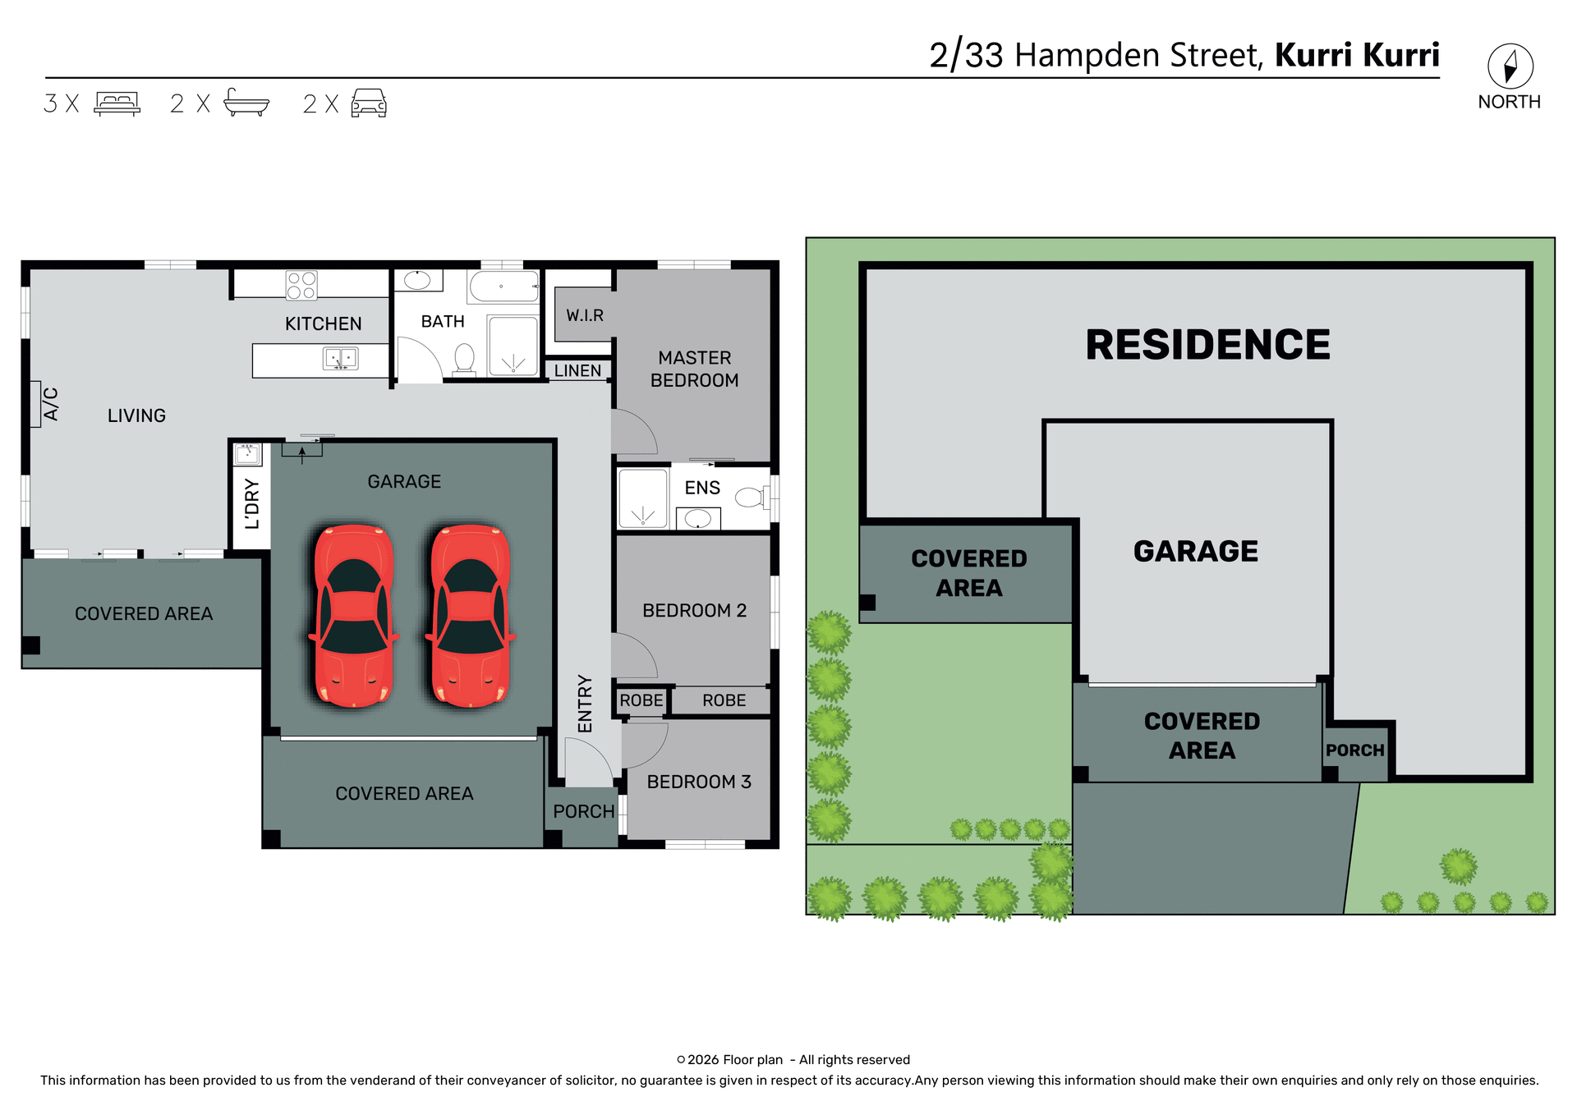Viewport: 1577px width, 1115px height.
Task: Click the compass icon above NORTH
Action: pos(1510,67)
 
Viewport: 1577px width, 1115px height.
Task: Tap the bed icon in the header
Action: pos(117,103)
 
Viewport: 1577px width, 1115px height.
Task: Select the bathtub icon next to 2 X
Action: pos(246,103)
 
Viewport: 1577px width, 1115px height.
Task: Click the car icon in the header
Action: pos(369,103)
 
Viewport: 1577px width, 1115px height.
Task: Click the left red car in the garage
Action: pos(354,616)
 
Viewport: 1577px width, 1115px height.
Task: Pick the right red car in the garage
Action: pos(471,616)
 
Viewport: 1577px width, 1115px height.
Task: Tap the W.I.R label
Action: pos(584,315)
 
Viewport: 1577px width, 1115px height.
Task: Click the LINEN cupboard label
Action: pos(577,371)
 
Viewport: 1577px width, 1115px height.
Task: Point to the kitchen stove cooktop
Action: pos(301,285)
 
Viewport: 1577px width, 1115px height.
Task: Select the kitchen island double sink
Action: pos(340,359)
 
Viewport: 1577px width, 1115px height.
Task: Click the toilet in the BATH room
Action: pos(464,358)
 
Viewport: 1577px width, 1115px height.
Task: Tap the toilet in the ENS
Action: pos(749,497)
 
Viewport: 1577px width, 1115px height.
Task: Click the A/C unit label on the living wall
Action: pos(50,404)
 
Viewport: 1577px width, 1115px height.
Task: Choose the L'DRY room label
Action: pos(252,503)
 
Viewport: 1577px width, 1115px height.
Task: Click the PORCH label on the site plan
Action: pos(1354,750)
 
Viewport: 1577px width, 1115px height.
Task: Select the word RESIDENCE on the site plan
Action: pos(1207,345)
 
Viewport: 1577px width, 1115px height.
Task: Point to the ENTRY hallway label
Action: pos(585,704)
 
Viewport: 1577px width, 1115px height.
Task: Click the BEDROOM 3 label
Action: pos(698,782)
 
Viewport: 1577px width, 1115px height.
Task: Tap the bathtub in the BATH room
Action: pos(503,287)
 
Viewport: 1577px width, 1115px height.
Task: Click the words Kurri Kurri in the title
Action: pos(1357,55)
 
